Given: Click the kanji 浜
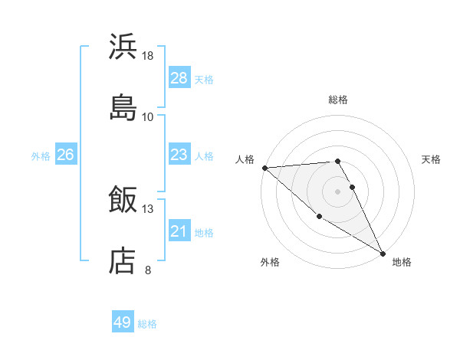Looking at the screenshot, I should pos(123,47).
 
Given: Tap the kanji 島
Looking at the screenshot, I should pos(123,107).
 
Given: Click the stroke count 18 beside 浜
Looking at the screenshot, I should pos(148,56).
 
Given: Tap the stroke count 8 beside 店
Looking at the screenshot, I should pos(148,270).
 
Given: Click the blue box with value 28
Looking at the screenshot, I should pos(179,78).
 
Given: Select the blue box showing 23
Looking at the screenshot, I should pos(179,155).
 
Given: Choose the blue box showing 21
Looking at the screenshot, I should pos(179,231).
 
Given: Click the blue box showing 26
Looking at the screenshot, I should pos(65,155).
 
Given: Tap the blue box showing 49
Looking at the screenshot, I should pos(123,322).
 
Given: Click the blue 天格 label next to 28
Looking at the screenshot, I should pos(204,79).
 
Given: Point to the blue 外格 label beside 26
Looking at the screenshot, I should pos(41,155).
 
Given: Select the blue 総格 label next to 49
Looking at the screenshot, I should pos(147,323).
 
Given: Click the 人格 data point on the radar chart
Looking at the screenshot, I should pos(264,168).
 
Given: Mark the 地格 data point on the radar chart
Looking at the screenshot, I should pos(383,253).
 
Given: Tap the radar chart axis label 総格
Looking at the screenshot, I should pos(338,100).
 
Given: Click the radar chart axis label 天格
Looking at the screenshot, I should pos(431,159).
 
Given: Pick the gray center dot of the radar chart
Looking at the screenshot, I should pos(338,191).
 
